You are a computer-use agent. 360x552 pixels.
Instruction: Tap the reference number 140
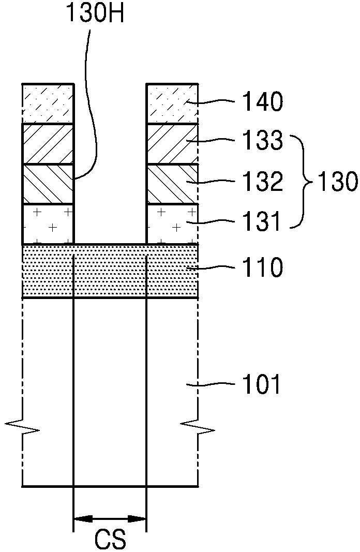pyautogui.click(x=263, y=101)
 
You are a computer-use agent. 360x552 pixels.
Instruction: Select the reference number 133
pyautogui.click(x=263, y=140)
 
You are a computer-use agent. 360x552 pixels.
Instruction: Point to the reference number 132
pyautogui.click(x=263, y=181)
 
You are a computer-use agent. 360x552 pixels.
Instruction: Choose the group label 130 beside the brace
pyautogui.click(x=337, y=182)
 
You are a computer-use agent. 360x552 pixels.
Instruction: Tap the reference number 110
pyautogui.click(x=263, y=267)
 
